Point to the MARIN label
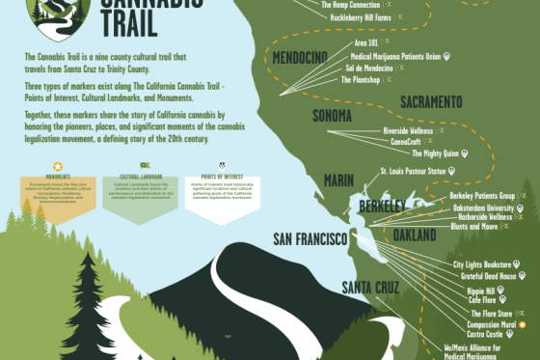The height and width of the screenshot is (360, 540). (338, 179)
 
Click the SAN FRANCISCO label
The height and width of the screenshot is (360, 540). (310, 238)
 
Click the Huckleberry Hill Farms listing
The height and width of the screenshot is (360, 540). (363, 16)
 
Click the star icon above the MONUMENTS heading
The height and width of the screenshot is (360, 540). (57, 167)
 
